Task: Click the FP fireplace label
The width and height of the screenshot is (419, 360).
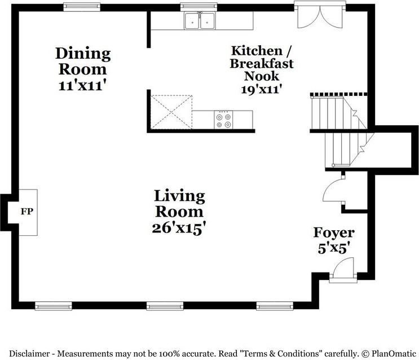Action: [x=27, y=212]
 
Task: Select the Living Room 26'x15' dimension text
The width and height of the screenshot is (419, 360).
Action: [x=179, y=229]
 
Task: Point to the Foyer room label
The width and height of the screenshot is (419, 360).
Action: [x=334, y=232]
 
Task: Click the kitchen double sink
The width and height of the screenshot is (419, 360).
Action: [x=200, y=20]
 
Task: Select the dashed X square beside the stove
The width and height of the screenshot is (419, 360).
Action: [x=171, y=112]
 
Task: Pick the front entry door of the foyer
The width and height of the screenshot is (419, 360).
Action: [x=343, y=271]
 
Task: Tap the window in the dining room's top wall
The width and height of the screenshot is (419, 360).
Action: [x=82, y=7]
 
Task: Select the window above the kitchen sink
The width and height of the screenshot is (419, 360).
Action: [x=199, y=7]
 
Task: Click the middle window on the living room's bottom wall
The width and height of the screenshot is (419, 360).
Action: [x=165, y=306]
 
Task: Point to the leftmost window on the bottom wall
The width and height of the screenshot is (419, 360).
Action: [x=54, y=306]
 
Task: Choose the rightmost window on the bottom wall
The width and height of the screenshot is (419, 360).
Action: [x=275, y=306]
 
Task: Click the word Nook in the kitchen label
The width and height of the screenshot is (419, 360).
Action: [x=261, y=76]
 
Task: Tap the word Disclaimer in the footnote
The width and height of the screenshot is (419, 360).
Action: [x=29, y=354]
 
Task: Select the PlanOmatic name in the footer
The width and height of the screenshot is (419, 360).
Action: [x=394, y=354]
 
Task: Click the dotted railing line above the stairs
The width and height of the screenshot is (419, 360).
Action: [x=338, y=94]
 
